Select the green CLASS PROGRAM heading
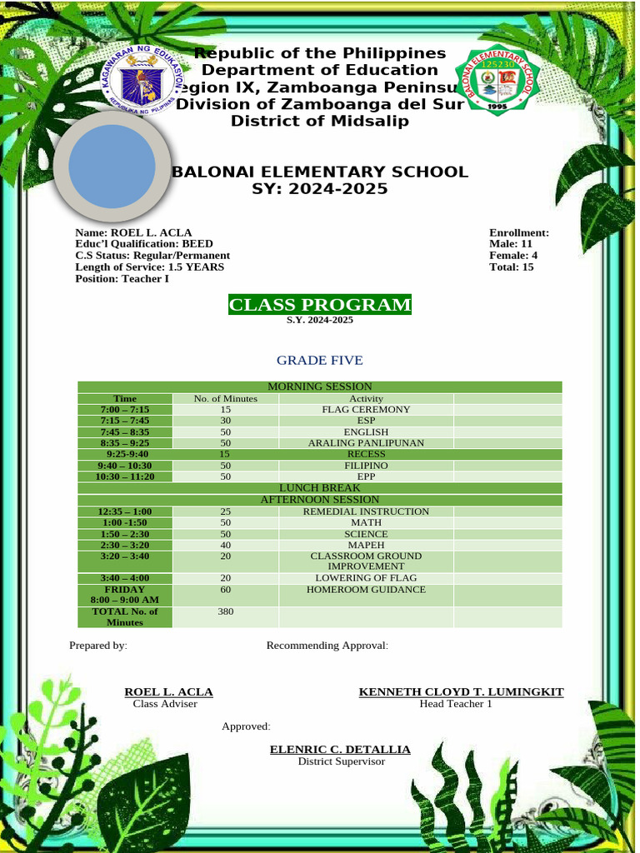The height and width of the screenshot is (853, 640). (320, 305)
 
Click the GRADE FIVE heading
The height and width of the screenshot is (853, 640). (320, 361)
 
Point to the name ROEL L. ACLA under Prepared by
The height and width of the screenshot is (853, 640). (168, 692)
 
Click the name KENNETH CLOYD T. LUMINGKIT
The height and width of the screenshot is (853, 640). (461, 692)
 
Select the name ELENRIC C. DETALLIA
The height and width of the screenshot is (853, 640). (340, 750)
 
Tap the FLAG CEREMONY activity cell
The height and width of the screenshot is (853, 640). (366, 410)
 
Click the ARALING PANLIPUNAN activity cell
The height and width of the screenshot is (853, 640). (366, 443)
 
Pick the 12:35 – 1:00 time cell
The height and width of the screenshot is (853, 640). (124, 511)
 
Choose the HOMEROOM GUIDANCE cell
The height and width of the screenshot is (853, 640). (366, 590)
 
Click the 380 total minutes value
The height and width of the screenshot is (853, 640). (225, 611)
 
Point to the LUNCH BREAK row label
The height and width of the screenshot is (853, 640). (319, 487)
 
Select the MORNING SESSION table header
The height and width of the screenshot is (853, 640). (319, 387)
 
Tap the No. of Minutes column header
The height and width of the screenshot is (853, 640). (225, 399)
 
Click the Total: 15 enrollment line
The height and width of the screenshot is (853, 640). (512, 267)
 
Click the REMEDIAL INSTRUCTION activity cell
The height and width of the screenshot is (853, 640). (366, 511)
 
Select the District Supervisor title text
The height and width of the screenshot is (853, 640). (342, 761)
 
